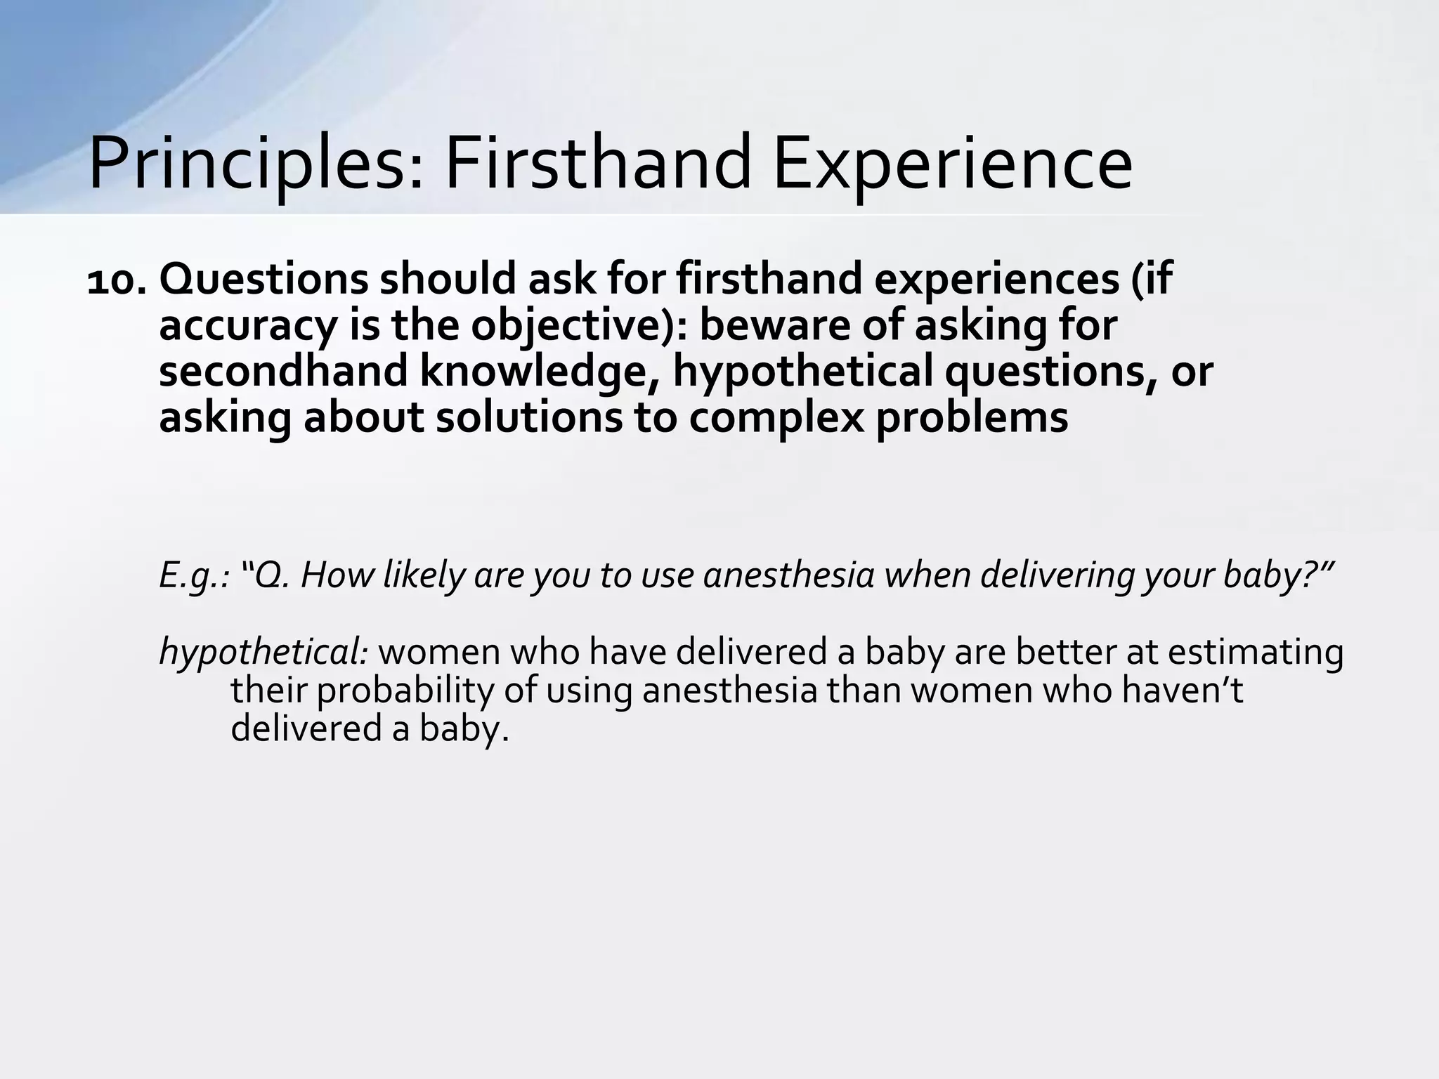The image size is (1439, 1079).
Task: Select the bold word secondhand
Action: point(283,372)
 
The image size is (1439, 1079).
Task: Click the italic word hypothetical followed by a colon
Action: point(263,653)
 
